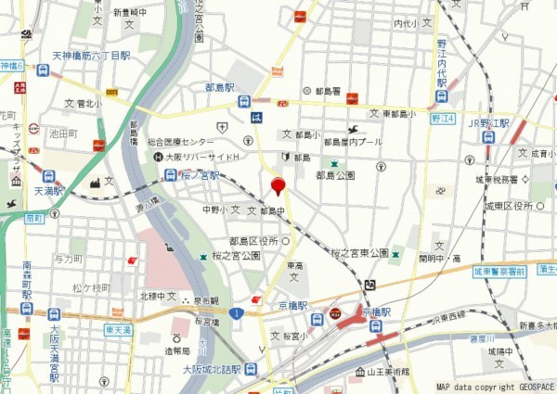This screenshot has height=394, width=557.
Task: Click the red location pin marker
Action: pyautogui.click(x=277, y=186)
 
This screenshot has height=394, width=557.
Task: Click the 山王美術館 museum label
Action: pyautogui.click(x=389, y=372)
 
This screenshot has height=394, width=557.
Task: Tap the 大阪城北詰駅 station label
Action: pyautogui.click(x=212, y=369)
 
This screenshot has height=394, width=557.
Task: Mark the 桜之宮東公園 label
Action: pyautogui.click(x=359, y=253)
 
